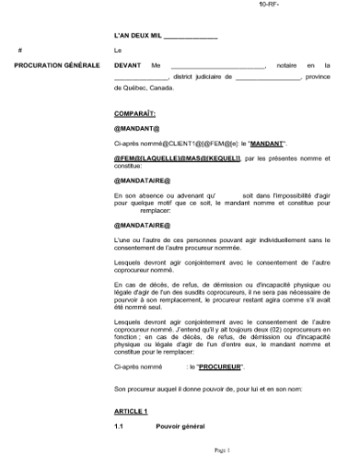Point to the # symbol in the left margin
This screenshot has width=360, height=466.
(x=20, y=49)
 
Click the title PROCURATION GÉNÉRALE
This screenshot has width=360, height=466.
(x=51, y=66)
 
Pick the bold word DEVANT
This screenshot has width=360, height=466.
(x=127, y=66)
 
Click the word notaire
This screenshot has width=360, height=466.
(x=285, y=66)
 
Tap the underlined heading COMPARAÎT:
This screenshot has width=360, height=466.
(x=134, y=113)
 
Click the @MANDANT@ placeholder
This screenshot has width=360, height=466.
(x=137, y=129)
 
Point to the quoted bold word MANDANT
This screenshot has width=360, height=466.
(x=268, y=143)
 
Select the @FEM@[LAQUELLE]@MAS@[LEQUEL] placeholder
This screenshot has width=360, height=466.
(x=177, y=158)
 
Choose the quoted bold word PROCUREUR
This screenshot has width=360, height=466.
(x=220, y=366)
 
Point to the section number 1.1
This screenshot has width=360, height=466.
(x=119, y=427)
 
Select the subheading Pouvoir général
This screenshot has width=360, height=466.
(x=180, y=427)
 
